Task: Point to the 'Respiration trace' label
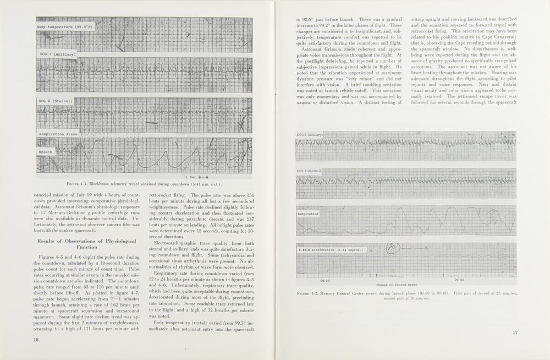58,134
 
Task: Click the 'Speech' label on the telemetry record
46,151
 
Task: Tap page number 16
35,340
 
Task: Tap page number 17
515,332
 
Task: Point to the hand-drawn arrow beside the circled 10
418,248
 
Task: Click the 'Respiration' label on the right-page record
309,213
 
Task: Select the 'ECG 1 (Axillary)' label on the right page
310,135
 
